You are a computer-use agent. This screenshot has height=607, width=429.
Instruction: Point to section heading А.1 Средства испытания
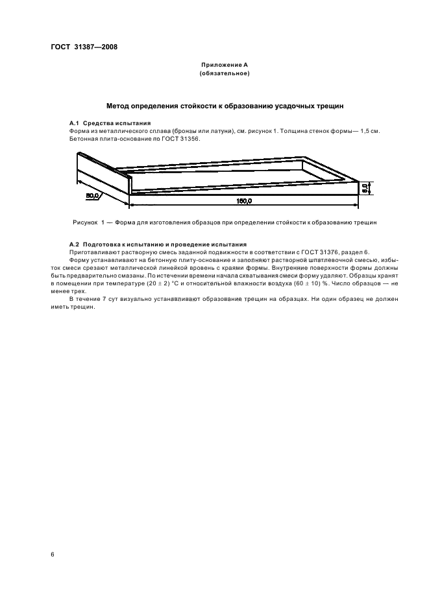110,123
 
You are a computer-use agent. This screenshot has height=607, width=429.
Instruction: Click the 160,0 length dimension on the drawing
244,202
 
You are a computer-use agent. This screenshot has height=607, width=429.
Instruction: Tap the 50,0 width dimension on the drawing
92,194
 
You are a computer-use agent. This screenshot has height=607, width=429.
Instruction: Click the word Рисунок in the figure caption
85,222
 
